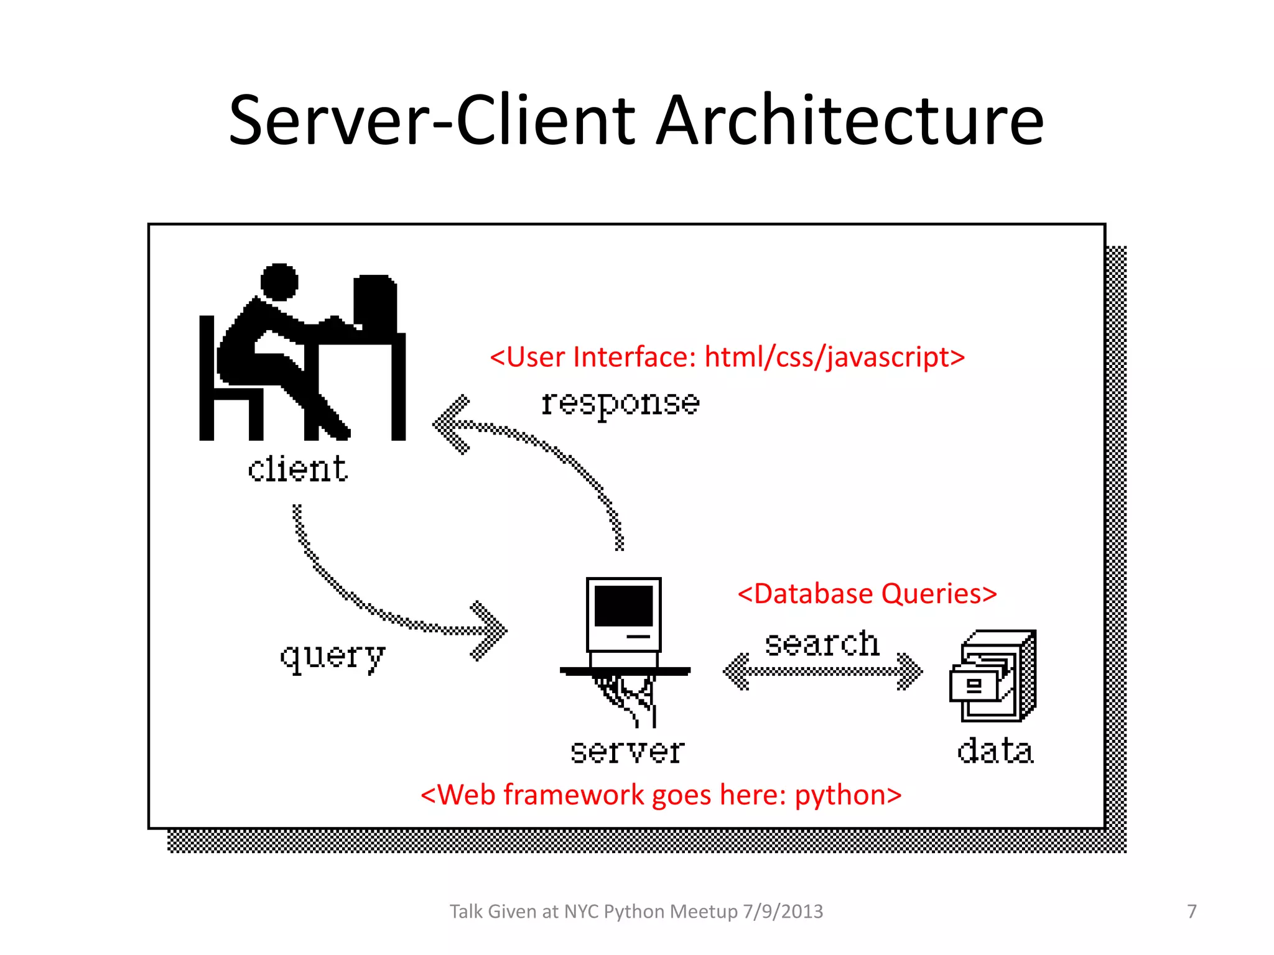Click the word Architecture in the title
[x=850, y=121]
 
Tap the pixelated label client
[x=297, y=469]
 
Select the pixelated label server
[x=627, y=751]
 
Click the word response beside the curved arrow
[x=620, y=404]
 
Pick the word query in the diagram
[x=333, y=657]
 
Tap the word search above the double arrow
[x=822, y=644]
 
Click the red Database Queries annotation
[x=867, y=594]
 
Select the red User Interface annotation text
[x=727, y=358]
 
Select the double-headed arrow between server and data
[x=822, y=671]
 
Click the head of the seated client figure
[x=279, y=282]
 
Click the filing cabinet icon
[x=993, y=676]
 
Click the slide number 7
[x=1191, y=911]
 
